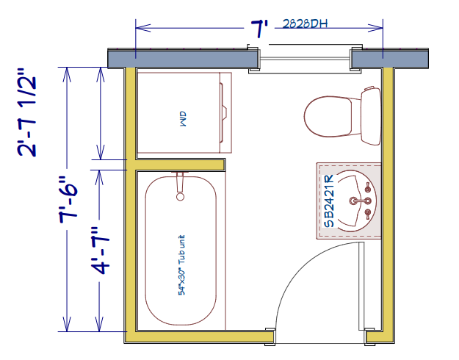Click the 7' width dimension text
(259, 29)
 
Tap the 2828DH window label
(305, 24)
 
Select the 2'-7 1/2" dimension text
(27, 112)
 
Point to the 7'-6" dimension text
(68, 200)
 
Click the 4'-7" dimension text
(100, 251)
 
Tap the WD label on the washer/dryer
(183, 118)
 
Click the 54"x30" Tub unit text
(181, 265)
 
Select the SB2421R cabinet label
(328, 201)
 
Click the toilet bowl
(328, 117)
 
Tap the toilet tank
(371, 116)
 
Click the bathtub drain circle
(181, 197)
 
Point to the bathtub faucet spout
(180, 182)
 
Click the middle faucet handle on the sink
(367, 201)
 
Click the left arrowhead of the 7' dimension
(143, 28)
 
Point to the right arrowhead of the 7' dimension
(375, 28)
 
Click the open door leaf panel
(361, 286)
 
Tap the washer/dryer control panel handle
(223, 112)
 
